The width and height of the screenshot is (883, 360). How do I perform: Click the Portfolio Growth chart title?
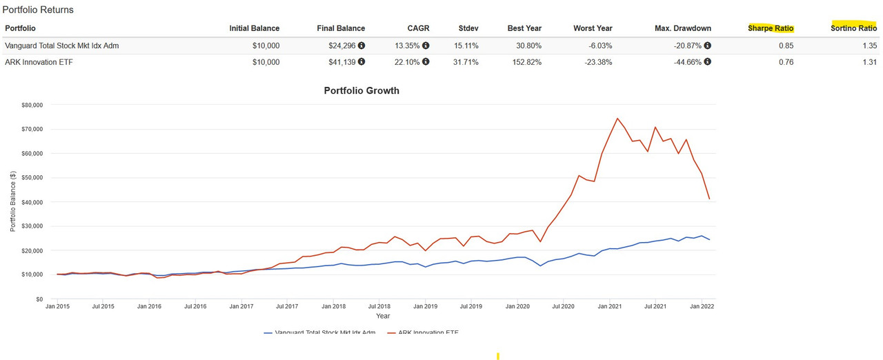pos(361,90)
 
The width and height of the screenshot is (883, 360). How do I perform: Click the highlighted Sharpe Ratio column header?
pos(771,28)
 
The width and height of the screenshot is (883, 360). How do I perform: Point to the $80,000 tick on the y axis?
pos(31,105)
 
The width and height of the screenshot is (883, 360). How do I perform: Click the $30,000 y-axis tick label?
pos(31,226)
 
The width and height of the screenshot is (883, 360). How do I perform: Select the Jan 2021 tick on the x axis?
pos(610,306)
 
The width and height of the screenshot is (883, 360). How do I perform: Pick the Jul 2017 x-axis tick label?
pos(287,306)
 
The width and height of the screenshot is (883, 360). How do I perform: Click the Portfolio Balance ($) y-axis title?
pos(12,202)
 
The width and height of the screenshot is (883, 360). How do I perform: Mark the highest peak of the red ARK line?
pos(617,118)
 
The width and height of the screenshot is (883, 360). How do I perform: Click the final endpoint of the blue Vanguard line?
pos(710,239)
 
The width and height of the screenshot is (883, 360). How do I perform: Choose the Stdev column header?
pos(468,28)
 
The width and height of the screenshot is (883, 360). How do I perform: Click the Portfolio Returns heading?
pos(38,10)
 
